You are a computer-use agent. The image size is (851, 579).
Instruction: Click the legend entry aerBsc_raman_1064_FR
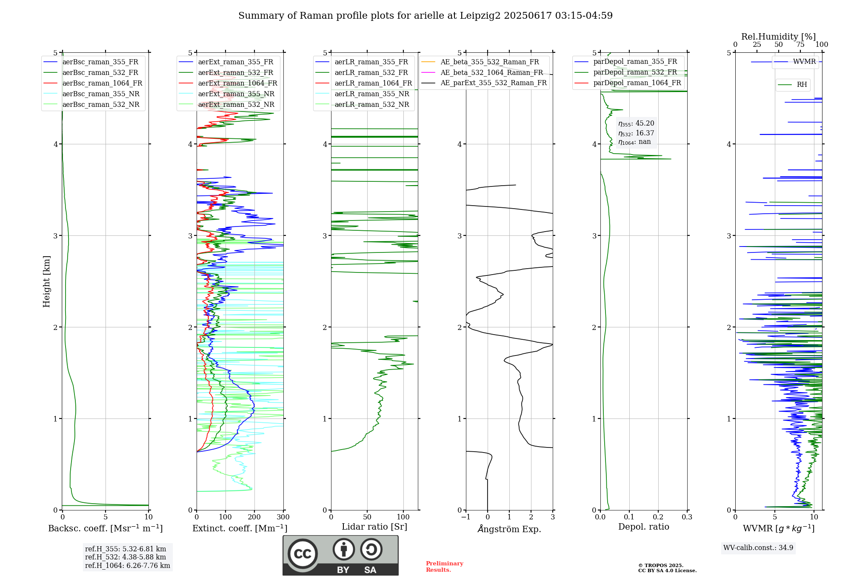93,83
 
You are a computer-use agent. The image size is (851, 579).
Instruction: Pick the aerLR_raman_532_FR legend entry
362,73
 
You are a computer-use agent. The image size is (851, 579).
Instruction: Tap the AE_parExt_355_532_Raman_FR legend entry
484,83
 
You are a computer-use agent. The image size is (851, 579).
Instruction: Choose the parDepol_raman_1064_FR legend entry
628,83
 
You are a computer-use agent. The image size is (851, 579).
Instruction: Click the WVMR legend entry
795,62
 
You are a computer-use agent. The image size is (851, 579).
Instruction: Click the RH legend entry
792,85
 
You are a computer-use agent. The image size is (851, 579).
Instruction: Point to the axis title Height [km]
46,281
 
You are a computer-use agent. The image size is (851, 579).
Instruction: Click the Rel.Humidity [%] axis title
779,37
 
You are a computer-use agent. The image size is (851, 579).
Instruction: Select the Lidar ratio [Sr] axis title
374,527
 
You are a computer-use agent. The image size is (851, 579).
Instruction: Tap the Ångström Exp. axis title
509,529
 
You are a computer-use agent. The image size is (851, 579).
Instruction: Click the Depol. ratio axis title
644,527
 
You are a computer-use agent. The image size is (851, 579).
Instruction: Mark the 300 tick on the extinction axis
283,517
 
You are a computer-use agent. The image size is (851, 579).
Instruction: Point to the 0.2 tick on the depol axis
658,517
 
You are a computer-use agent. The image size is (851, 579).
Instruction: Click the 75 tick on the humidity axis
800,45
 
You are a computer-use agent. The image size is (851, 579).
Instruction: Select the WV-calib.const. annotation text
758,547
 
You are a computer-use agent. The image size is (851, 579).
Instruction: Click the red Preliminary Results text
445,567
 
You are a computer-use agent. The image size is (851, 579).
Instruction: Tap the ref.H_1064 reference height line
128,565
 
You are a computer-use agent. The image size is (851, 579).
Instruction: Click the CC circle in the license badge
303,553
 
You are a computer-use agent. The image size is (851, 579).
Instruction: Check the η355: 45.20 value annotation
636,123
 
